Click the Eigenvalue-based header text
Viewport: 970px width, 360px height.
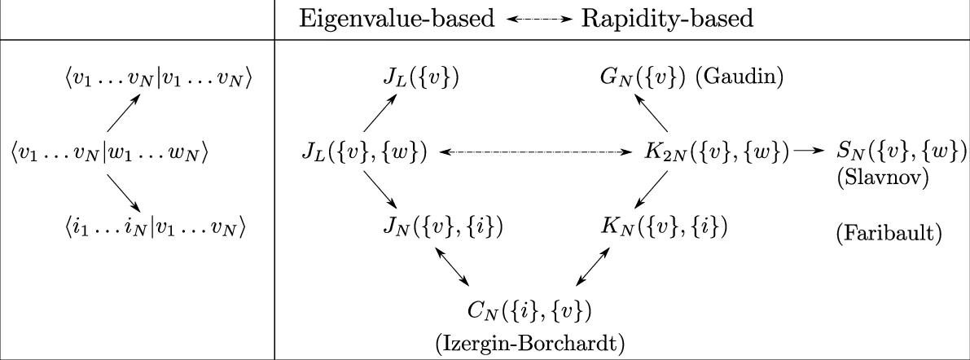click(x=396, y=19)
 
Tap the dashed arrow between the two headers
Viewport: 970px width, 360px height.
click(x=538, y=20)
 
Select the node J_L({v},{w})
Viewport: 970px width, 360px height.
click(x=364, y=151)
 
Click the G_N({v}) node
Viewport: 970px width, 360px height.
click(x=643, y=78)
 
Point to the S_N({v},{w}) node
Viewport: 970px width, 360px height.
click(x=901, y=151)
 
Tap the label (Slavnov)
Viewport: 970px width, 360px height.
click(x=882, y=177)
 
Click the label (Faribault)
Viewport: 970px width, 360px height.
click(x=889, y=235)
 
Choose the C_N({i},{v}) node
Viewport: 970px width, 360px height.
click(x=529, y=310)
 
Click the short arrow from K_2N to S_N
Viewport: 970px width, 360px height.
click(x=808, y=151)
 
